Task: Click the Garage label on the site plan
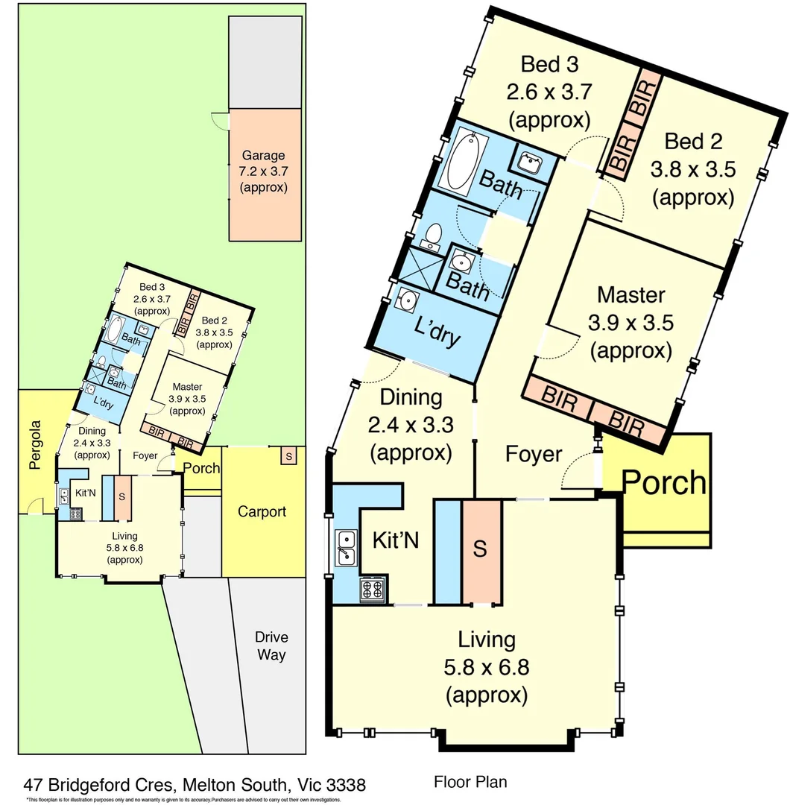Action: coord(263,156)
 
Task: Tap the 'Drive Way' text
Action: coord(271,646)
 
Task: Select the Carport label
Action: coord(262,511)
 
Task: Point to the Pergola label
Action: coord(33,445)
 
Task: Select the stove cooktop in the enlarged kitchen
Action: coord(372,590)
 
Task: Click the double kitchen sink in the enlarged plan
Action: coord(346,547)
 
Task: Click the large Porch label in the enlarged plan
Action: coord(664,482)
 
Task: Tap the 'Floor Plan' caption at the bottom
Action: coord(470,782)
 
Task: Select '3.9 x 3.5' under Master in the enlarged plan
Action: coord(631,323)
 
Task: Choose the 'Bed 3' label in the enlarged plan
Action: coord(550,65)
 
